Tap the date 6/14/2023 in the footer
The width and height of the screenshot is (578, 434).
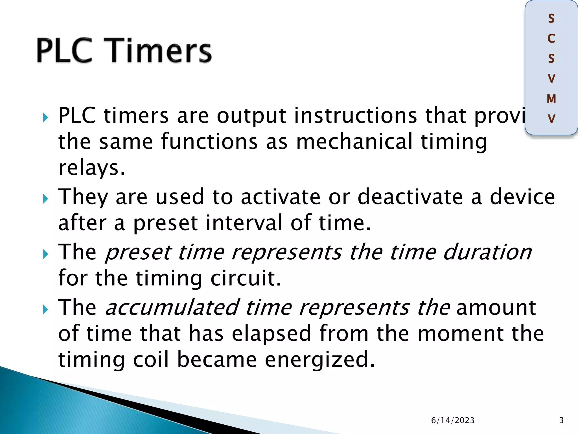pos(453,420)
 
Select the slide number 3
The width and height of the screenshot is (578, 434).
pos(561,420)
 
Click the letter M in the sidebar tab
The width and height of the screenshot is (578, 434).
pos(551,99)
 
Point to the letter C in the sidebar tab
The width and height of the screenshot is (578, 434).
pos(551,39)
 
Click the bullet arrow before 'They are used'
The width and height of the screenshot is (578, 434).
pos(45,199)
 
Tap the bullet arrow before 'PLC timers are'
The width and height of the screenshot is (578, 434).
pos(45,118)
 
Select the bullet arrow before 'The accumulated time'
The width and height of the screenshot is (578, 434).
pos(45,310)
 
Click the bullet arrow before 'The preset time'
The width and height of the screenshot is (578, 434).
pos(45,255)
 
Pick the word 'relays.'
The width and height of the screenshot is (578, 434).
pos(91,168)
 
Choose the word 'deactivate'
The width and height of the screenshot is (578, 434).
pos(410,197)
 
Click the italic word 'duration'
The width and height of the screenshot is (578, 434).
pos(487,252)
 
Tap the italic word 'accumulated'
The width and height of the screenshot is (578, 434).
pos(172,307)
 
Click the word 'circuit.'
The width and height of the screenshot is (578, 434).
pos(246,278)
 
